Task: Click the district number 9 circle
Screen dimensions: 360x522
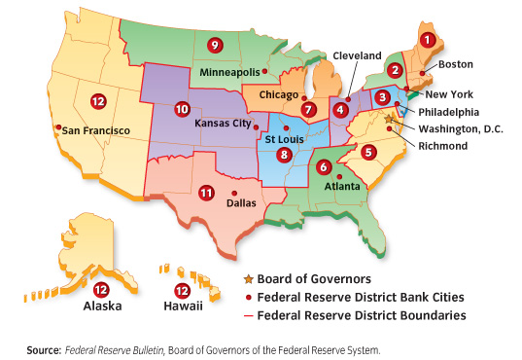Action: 215,45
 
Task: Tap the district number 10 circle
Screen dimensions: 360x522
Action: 181,109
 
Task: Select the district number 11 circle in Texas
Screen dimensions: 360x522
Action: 205,194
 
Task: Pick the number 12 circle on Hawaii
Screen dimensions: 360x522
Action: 180,291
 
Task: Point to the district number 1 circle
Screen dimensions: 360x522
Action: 426,40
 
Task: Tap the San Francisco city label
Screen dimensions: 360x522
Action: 97,129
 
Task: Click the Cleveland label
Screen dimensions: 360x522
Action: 357,57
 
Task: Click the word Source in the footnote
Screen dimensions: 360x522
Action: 46,348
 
